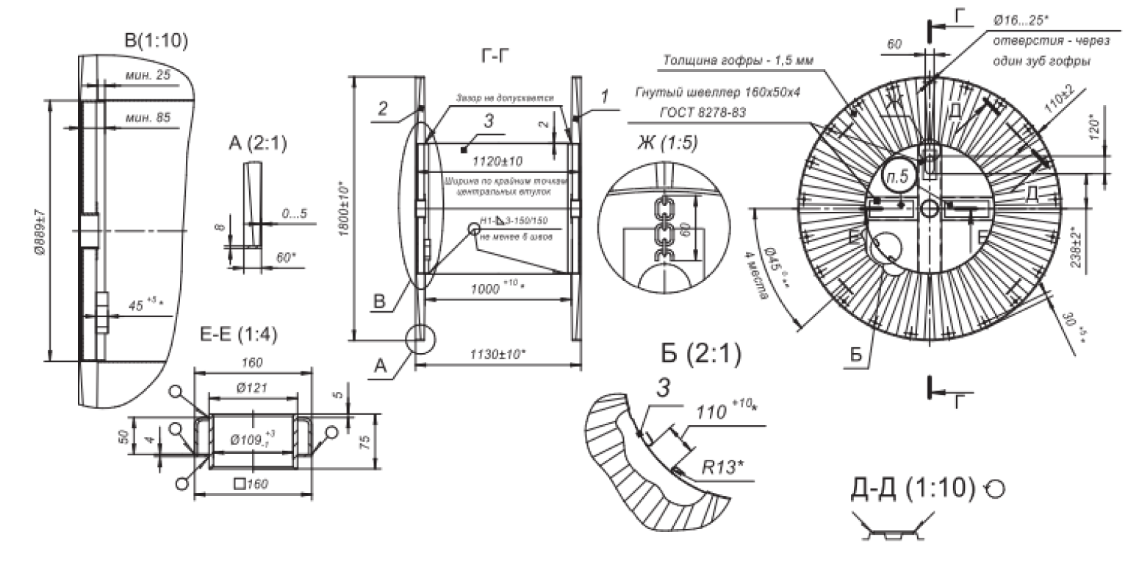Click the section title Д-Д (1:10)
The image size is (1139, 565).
[912, 488]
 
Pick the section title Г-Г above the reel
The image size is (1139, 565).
[490, 55]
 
